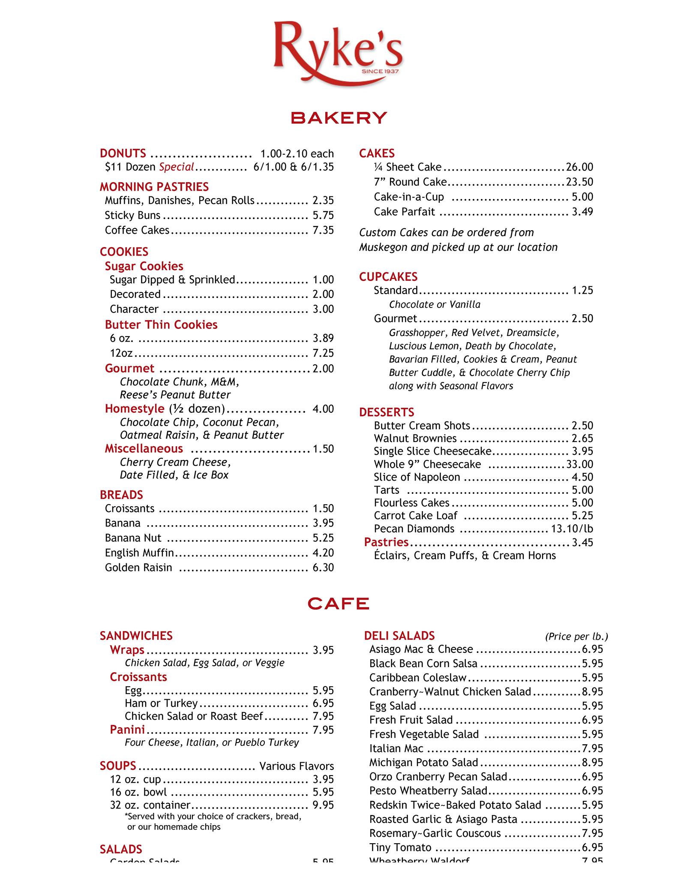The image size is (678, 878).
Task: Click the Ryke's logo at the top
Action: pyautogui.click(x=338, y=51)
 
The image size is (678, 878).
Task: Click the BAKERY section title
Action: pyautogui.click(x=339, y=118)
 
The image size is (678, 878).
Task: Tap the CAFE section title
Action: pyautogui.click(x=339, y=604)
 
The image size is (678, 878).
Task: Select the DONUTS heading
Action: pyautogui.click(x=123, y=153)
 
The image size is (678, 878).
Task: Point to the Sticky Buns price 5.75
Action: pyautogui.click(x=323, y=215)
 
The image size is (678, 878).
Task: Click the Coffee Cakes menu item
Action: pyautogui.click(x=137, y=230)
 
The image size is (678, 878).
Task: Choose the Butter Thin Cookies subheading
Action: pyautogui.click(x=161, y=325)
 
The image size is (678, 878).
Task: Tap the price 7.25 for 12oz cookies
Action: pyautogui.click(x=323, y=353)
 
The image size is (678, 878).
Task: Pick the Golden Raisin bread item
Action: pyautogui.click(x=138, y=568)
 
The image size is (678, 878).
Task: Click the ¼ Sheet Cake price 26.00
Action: pyautogui.click(x=579, y=167)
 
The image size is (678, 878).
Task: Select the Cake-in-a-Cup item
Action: pyautogui.click(x=409, y=197)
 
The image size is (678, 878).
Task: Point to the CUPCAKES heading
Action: pyautogui.click(x=388, y=277)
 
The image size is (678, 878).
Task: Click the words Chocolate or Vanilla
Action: pyautogui.click(x=435, y=304)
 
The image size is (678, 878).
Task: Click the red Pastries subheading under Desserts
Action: pyautogui.click(x=386, y=542)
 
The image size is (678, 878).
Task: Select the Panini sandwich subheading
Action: pyautogui.click(x=127, y=729)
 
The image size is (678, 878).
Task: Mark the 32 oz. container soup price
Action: pyautogui.click(x=323, y=805)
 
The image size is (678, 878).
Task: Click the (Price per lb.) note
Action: pyautogui.click(x=576, y=637)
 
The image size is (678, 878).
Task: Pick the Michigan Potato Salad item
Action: pyautogui.click(x=423, y=762)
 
